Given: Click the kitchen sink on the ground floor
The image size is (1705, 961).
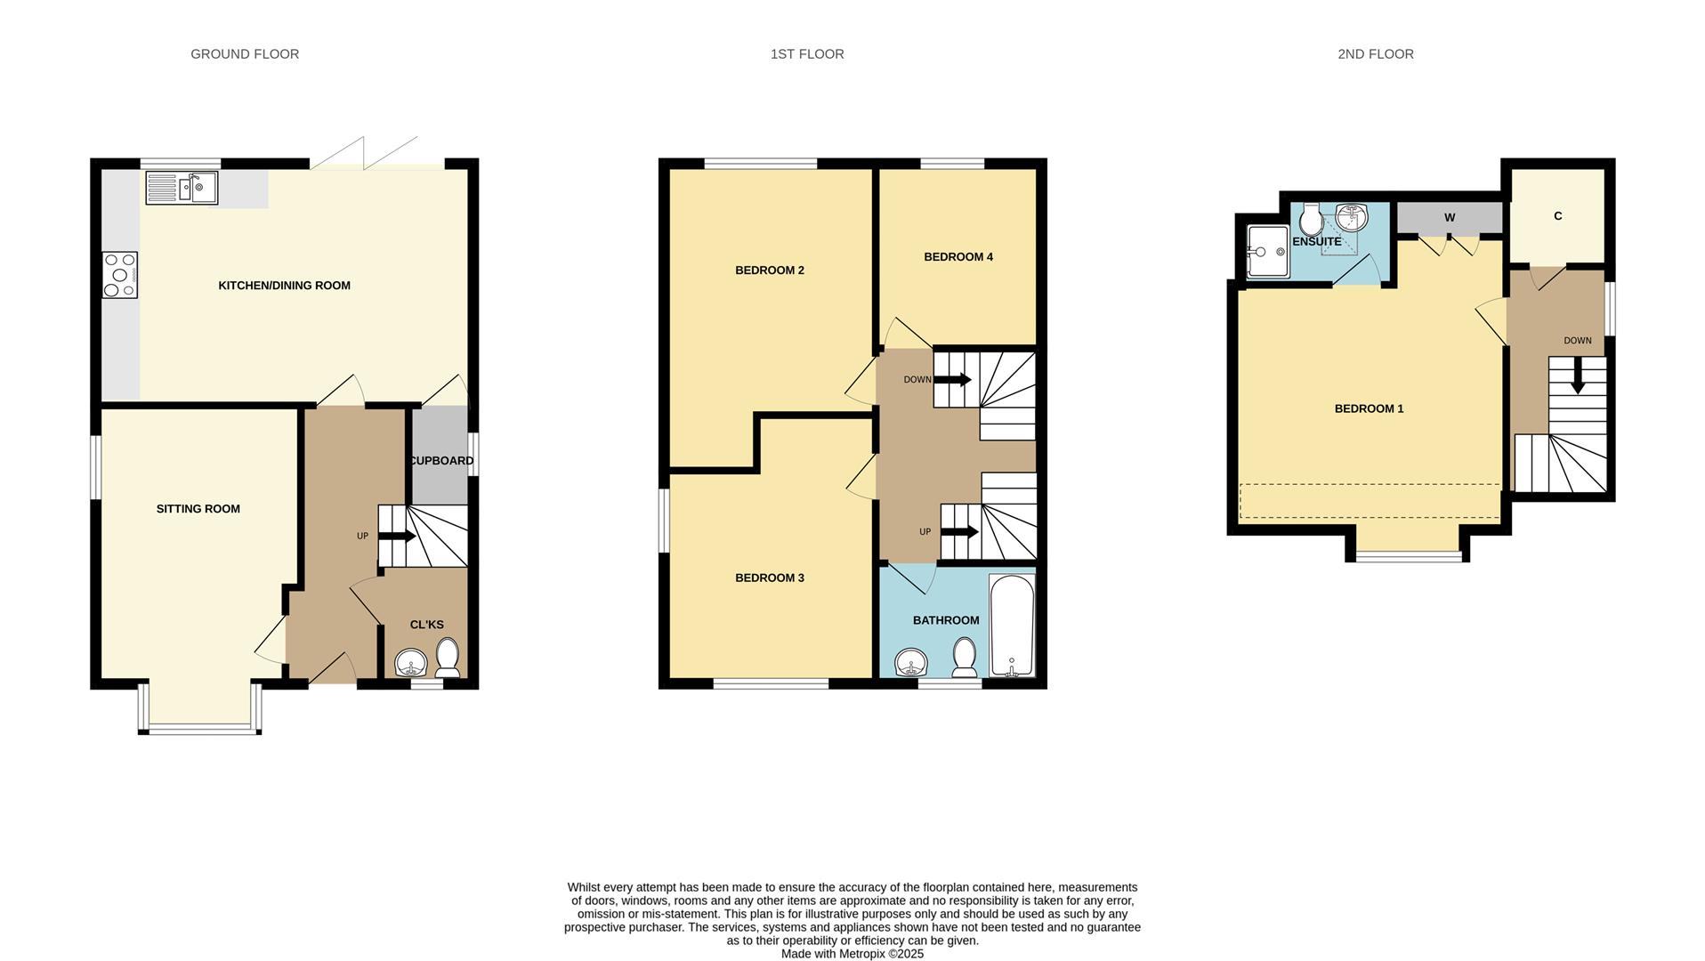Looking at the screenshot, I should (x=182, y=188).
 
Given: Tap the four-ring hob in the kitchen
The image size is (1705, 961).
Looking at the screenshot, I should (x=119, y=275).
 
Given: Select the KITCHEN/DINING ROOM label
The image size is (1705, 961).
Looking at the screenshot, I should (x=284, y=286).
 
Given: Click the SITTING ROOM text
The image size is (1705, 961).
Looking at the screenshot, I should (x=198, y=509).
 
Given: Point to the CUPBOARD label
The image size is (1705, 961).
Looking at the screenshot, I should (x=440, y=461).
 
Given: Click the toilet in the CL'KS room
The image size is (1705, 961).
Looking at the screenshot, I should (x=448, y=658).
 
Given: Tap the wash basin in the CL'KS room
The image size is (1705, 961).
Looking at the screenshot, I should (x=411, y=663).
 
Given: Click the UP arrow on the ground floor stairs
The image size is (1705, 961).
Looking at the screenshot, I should (x=397, y=537).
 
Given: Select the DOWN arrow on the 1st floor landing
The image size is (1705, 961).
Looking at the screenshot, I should (x=952, y=380).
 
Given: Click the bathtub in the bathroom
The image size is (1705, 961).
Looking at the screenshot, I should (x=1012, y=626).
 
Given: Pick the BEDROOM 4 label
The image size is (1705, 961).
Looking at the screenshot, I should (x=958, y=257).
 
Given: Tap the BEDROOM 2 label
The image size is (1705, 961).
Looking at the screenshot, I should (x=769, y=271).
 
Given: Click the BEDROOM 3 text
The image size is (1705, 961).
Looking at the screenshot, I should (x=769, y=578).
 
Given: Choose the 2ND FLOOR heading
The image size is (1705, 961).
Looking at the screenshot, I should (x=1375, y=54).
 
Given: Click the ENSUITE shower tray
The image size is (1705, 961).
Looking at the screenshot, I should (x=1267, y=252).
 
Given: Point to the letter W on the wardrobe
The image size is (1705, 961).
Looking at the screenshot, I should (x=1449, y=218).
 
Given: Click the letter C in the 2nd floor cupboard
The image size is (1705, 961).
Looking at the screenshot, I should (x=1557, y=216).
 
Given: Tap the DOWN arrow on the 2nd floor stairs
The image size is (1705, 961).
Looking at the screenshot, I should (x=1577, y=376).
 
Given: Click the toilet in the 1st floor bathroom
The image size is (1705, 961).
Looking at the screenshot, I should (x=964, y=658).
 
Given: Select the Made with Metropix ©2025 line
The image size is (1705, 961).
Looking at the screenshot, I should (x=852, y=954).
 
